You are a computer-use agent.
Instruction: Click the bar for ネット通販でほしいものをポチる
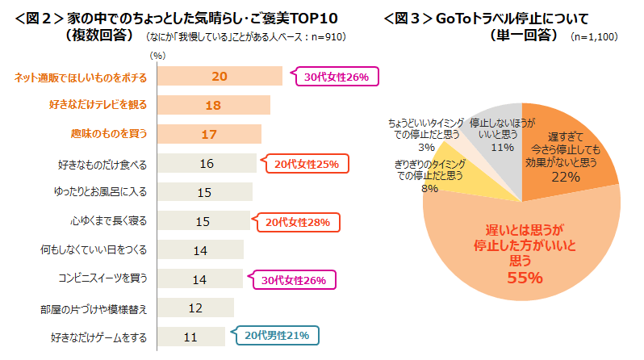(x=220, y=77)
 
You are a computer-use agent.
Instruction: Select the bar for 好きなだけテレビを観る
(x=213, y=105)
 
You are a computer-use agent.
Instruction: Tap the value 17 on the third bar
(x=208, y=134)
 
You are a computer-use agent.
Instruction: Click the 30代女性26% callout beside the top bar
(x=337, y=77)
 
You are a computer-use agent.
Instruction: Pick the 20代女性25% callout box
(x=306, y=164)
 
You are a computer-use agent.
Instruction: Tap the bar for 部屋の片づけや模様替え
(x=195, y=308)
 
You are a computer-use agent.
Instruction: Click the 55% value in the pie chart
(x=524, y=278)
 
